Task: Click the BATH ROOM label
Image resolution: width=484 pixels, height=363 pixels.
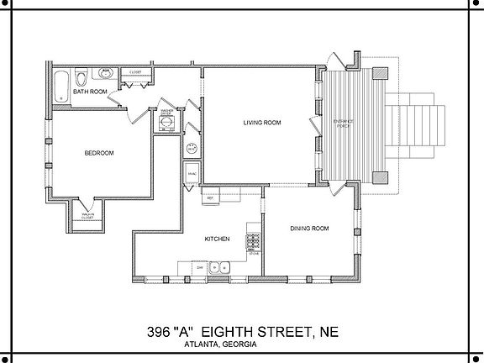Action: tap(90, 92)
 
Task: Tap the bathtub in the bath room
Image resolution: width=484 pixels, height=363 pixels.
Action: tap(62, 86)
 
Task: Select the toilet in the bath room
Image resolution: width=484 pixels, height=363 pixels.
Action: tap(82, 77)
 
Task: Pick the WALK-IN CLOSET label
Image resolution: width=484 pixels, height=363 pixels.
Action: tap(87, 217)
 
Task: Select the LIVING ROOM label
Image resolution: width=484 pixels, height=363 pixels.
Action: tap(261, 123)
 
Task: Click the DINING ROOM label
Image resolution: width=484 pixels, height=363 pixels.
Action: tap(309, 229)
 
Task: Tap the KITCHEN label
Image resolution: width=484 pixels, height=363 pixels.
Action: tap(218, 239)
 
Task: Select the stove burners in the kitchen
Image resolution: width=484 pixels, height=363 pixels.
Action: tap(251, 241)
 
